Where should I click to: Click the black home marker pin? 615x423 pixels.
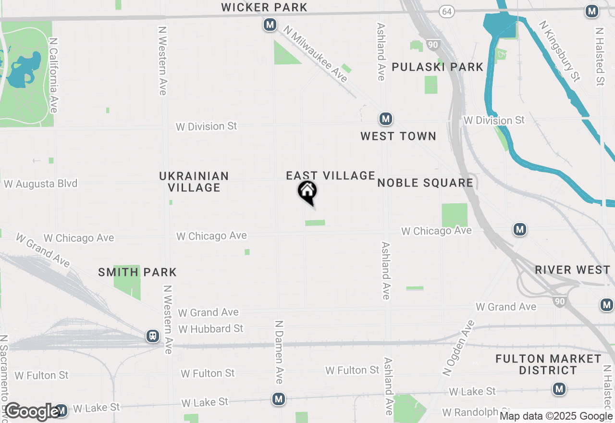pos(307,192)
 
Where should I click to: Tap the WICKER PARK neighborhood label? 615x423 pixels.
pos(264,7)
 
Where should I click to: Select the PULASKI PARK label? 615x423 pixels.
pos(437,67)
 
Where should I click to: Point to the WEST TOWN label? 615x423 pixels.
pos(398,137)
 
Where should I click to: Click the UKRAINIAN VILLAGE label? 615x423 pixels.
pos(194,182)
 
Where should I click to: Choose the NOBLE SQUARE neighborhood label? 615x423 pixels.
pos(425,183)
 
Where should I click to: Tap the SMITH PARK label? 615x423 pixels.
pos(137,273)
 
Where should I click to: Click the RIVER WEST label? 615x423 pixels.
pos(573,270)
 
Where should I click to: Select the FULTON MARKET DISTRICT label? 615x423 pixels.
pos(548,364)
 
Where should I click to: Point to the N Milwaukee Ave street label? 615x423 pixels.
pos(315,53)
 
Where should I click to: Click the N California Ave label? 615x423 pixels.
pos(53,76)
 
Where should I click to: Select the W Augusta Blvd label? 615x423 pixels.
pos(40,184)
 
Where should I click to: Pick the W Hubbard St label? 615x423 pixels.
pos(211,329)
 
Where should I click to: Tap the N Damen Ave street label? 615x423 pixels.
pos(279,352)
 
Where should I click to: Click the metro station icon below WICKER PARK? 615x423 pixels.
pos(270,24)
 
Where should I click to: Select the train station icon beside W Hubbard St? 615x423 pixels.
pos(153,336)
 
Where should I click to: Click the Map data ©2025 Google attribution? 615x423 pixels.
pos(556,416)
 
